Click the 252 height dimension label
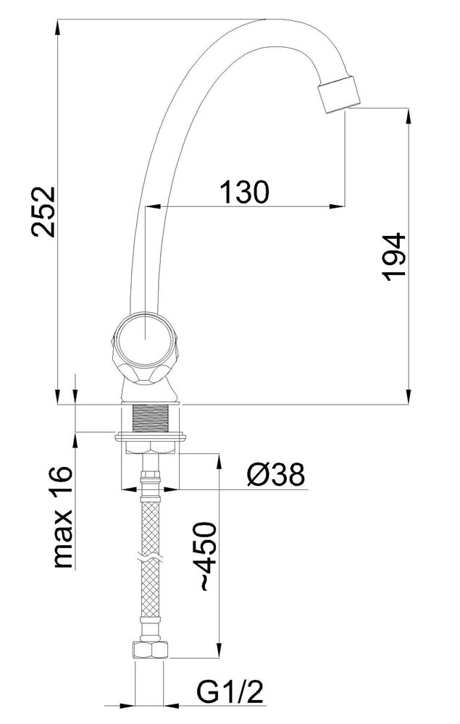pos(44,211)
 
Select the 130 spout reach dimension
pos(244,192)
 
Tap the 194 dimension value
pos(394,257)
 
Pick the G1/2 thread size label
pos(230,692)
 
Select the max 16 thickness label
pos(63,515)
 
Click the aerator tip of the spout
pos(340,94)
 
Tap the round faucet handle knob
pos(145,348)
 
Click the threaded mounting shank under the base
pos(150,418)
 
